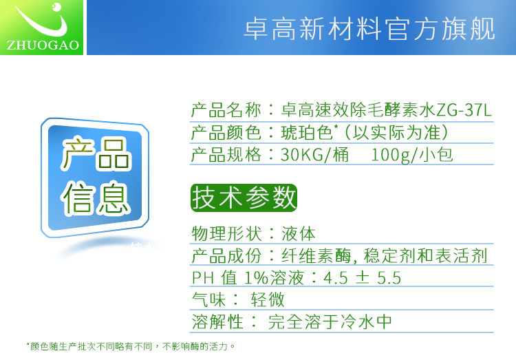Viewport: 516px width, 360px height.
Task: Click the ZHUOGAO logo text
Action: click(x=43, y=45)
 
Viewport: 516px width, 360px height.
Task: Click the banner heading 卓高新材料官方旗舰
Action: click(x=369, y=30)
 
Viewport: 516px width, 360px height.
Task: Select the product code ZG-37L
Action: click(x=464, y=110)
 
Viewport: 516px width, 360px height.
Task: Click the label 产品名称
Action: click(x=226, y=110)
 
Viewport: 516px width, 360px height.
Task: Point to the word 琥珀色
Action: click(x=306, y=132)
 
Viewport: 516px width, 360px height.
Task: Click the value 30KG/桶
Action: click(x=314, y=154)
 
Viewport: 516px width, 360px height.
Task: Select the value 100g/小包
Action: click(x=412, y=154)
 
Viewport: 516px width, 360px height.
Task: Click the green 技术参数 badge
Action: click(x=244, y=198)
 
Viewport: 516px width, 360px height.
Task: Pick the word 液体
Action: click(x=299, y=233)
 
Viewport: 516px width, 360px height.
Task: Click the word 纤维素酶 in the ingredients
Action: click(x=316, y=256)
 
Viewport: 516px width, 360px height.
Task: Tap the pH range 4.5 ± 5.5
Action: click(x=363, y=277)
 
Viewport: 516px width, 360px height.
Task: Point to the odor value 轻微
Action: click(x=268, y=299)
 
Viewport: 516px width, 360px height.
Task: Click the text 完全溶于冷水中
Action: click(x=330, y=321)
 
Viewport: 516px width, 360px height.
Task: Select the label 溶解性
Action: click(x=217, y=321)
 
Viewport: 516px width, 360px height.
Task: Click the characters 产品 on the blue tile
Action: click(x=96, y=153)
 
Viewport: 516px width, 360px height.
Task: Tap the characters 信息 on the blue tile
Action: click(x=95, y=198)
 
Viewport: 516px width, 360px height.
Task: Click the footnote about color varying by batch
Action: click(x=131, y=346)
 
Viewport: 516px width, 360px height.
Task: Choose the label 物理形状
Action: click(x=227, y=233)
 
